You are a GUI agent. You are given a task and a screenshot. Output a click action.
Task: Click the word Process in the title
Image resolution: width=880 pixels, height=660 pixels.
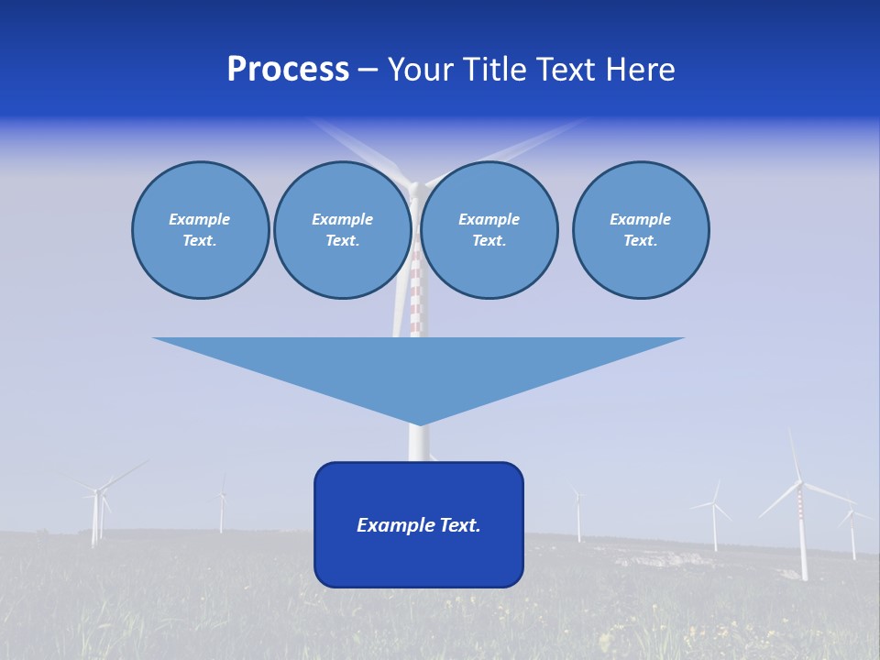[288, 70]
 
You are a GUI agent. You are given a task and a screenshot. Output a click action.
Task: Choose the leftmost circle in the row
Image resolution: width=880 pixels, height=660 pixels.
[201, 230]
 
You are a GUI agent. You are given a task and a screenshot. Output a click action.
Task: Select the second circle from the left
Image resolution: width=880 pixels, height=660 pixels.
[342, 230]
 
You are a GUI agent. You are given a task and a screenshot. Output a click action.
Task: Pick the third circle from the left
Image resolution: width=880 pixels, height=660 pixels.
[489, 230]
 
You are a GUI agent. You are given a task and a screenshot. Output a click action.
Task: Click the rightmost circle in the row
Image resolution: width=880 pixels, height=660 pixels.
[641, 230]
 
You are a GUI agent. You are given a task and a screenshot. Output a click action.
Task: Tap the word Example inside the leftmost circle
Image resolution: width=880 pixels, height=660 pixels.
[199, 219]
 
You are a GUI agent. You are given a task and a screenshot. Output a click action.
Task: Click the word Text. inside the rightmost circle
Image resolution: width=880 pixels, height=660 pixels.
[640, 241]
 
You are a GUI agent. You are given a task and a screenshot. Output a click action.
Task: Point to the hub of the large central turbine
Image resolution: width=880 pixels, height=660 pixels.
[414, 189]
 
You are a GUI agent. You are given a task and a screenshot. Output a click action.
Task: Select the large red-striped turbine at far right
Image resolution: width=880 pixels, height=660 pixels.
[800, 513]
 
